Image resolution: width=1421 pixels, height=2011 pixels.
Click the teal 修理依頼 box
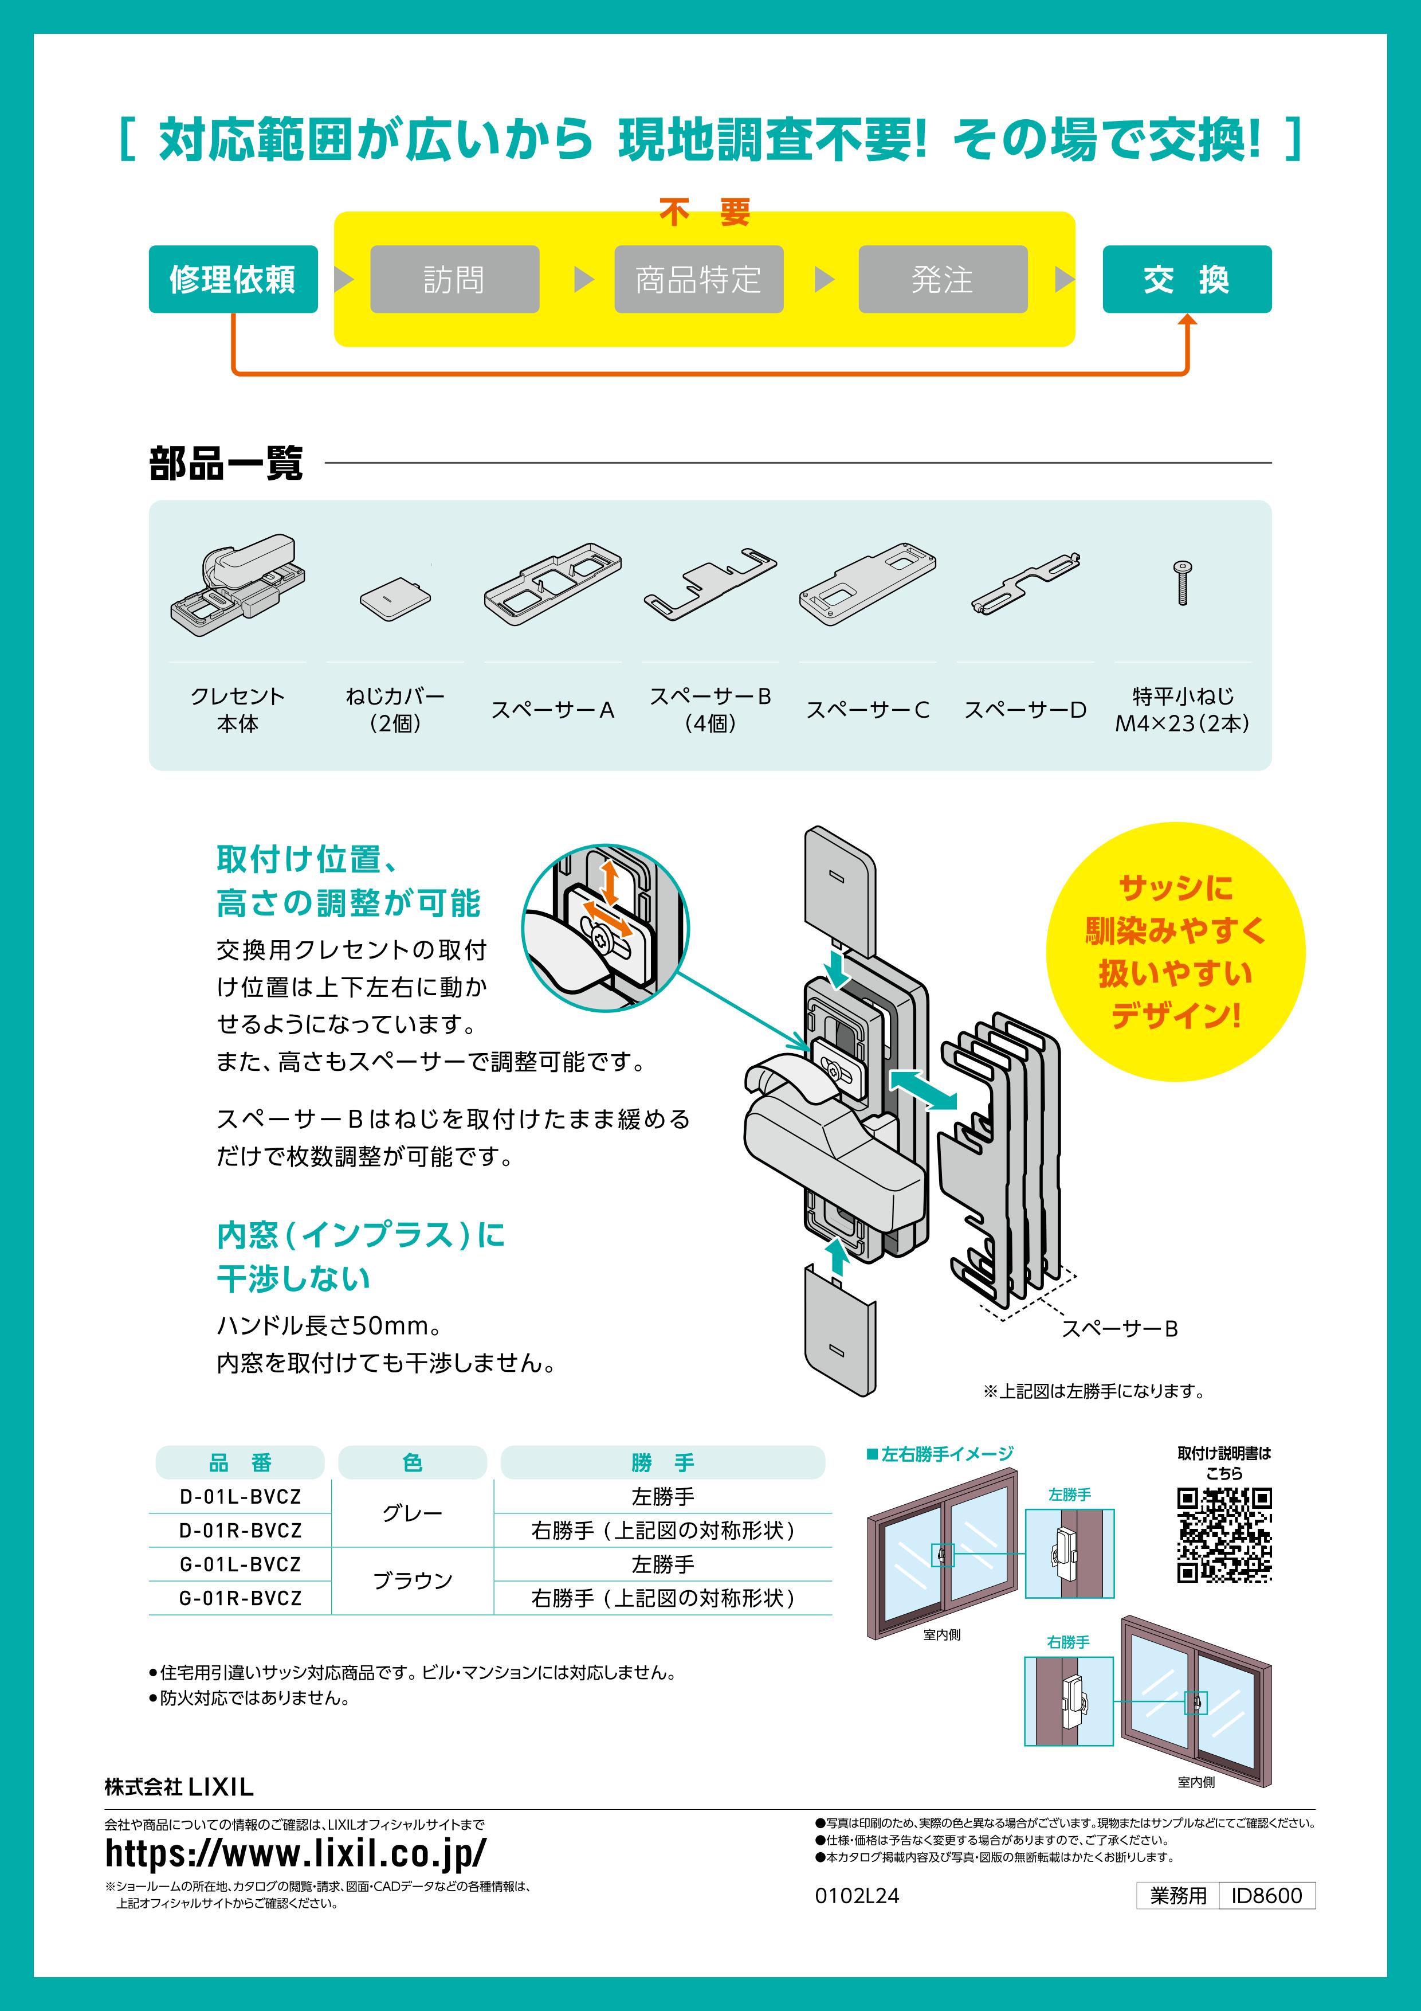(233, 279)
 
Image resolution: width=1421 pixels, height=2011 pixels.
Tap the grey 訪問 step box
(454, 279)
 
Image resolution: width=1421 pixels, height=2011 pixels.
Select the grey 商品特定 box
(698, 279)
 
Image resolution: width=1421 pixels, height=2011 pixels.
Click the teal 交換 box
(1186, 279)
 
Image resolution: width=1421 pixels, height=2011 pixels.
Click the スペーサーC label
(867, 710)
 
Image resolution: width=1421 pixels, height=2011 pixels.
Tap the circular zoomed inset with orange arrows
(605, 929)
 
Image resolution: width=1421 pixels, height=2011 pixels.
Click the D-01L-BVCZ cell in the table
(240, 1497)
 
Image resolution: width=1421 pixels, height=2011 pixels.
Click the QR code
(1223, 1535)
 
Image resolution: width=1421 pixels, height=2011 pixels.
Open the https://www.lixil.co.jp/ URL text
(295, 1852)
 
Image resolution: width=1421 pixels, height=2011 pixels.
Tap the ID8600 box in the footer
(1266, 1895)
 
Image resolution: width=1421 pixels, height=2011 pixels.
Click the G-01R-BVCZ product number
(240, 1598)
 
